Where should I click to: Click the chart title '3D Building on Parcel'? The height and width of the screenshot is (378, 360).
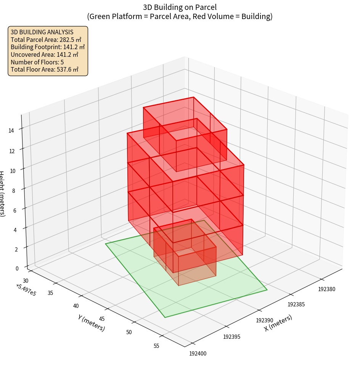180,7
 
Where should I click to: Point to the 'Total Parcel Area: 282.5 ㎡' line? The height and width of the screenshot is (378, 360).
46,40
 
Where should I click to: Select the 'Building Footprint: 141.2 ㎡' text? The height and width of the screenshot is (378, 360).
48,47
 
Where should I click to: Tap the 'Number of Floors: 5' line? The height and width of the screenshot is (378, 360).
37,62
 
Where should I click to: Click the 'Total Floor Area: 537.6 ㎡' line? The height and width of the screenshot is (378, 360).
45,69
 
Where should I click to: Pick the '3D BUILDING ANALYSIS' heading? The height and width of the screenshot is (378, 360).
42,32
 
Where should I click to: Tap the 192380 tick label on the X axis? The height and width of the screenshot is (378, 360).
327,289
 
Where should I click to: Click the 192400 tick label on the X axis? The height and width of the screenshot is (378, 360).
198,354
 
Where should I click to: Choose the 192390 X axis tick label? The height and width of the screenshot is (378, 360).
265,320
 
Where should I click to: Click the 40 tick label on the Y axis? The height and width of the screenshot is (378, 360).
76,306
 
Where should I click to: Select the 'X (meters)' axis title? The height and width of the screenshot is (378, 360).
278,323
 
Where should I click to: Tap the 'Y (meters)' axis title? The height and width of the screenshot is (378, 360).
92,323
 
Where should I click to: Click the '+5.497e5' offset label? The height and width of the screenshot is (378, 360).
26,290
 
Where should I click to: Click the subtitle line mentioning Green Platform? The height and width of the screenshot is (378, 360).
180,16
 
